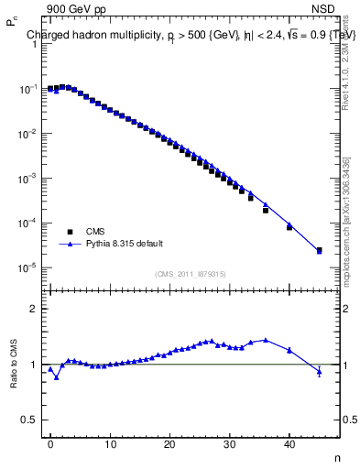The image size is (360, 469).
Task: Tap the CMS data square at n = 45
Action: pyautogui.click(x=319, y=250)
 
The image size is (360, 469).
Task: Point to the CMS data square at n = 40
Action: pyautogui.click(x=289, y=226)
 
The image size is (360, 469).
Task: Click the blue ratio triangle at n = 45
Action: pyautogui.click(x=319, y=371)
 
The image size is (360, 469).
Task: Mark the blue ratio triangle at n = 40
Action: pyautogui.click(x=289, y=350)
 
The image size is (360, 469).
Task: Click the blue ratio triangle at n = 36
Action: pyautogui.click(x=266, y=340)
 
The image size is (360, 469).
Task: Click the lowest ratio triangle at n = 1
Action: pyautogui.click(x=56, y=377)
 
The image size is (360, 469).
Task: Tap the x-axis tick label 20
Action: pyautogui.click(x=169, y=443)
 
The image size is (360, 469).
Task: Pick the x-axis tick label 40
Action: pyautogui.click(x=289, y=443)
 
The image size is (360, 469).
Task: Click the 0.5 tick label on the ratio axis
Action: pyautogui.click(x=30, y=420)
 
